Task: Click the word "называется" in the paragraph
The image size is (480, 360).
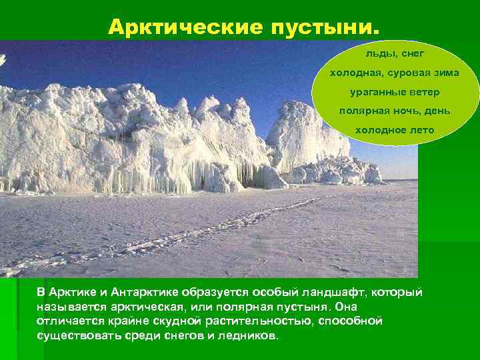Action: click(67, 307)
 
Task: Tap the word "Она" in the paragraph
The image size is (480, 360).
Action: click(346, 307)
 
